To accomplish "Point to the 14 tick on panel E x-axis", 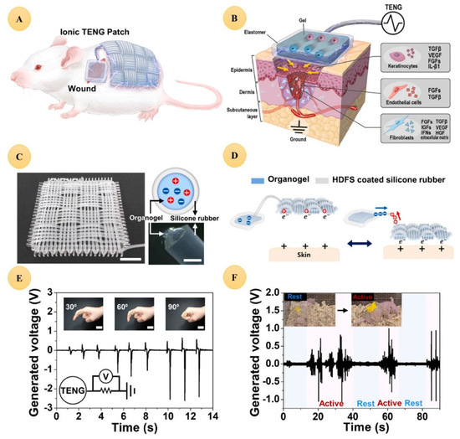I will pyautogui.click(x=214, y=416).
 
